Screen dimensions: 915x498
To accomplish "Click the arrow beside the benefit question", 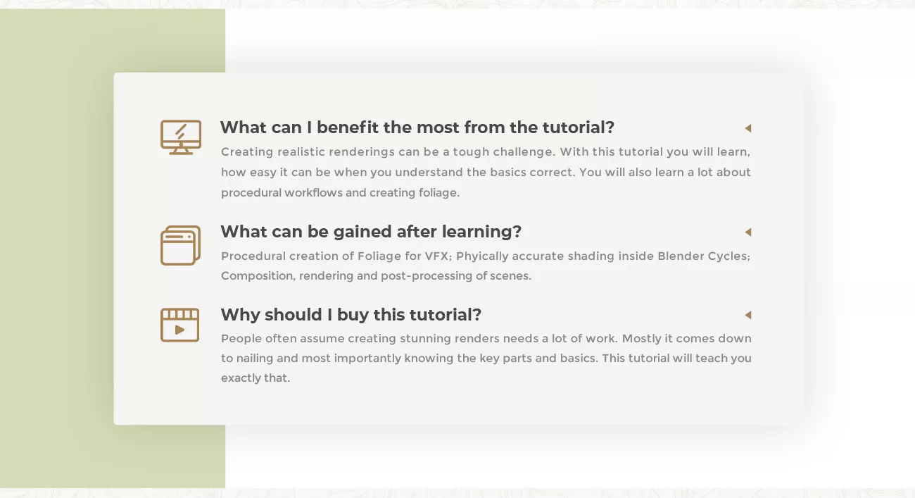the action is tap(748, 128).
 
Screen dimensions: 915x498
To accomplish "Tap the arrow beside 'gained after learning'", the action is tap(748, 232).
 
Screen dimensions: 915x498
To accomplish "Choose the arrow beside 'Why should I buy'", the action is tap(748, 315).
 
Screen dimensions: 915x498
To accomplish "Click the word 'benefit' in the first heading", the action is tap(348, 127).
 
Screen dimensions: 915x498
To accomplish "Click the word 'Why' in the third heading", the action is tap(240, 316).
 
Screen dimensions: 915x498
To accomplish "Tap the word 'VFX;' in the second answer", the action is tap(438, 256).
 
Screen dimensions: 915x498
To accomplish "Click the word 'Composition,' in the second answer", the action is tap(258, 276).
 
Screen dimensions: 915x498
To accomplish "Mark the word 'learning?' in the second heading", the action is tap(481, 232).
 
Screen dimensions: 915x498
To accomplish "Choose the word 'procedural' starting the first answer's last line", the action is tap(251, 193).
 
